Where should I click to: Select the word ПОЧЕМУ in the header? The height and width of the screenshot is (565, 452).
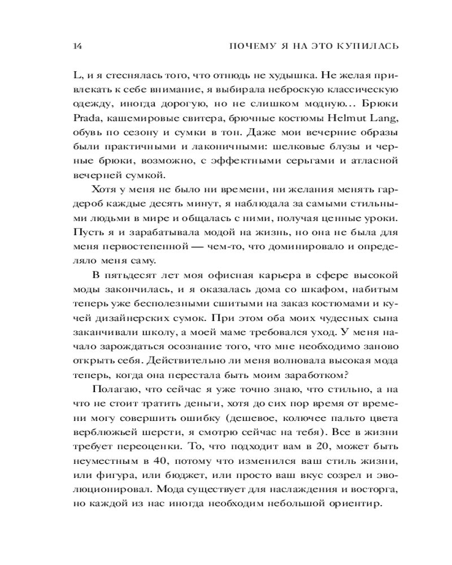click(247, 47)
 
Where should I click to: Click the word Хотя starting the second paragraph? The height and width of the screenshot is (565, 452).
click(102, 189)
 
